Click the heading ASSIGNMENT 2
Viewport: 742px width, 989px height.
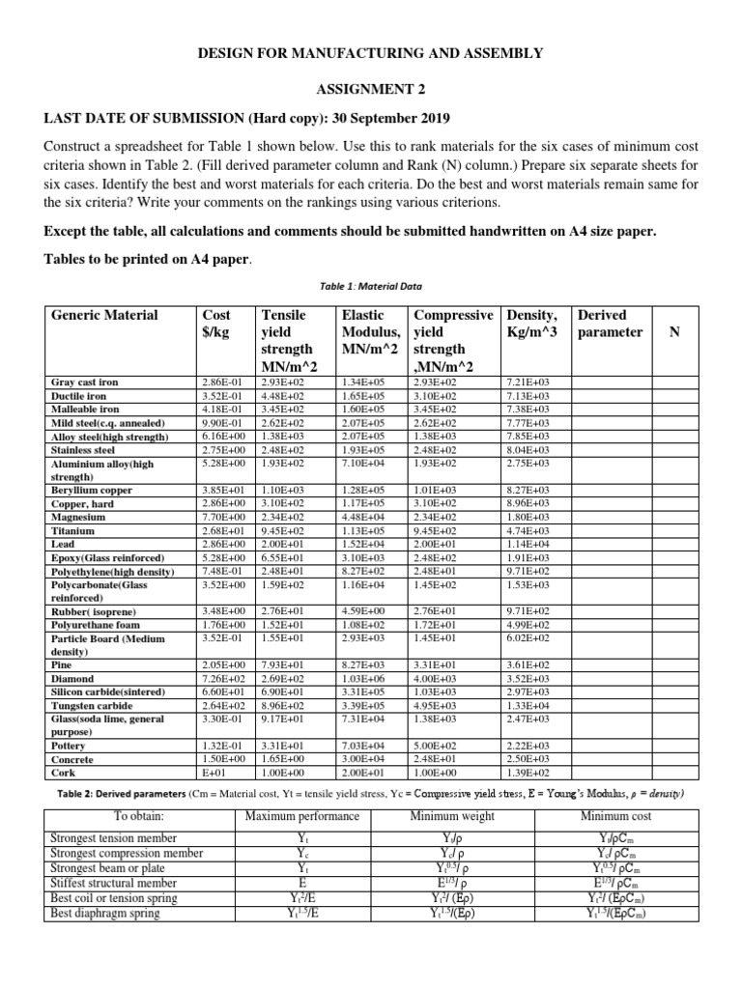point(371,89)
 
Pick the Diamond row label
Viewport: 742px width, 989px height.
point(72,678)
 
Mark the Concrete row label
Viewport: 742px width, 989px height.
point(72,758)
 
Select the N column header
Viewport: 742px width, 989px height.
point(673,331)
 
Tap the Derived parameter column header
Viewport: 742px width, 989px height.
point(609,323)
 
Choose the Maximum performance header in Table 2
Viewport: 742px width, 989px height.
point(302,816)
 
